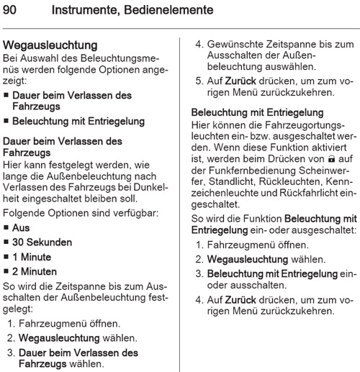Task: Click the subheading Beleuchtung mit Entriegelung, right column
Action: tap(258, 113)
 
